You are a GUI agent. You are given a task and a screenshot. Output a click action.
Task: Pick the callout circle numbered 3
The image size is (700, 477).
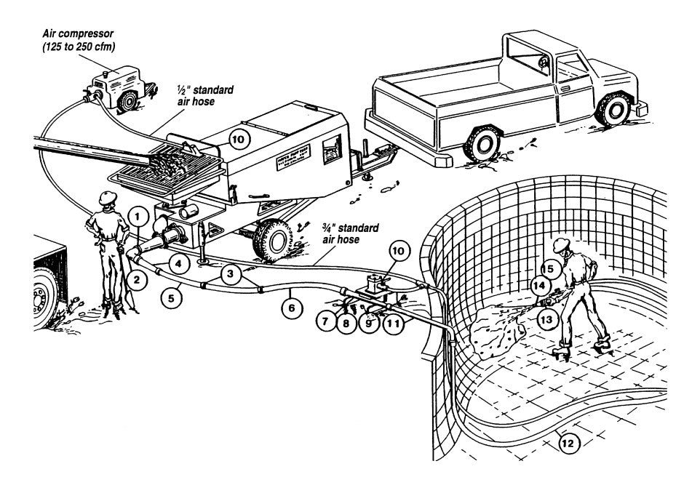pyautogui.click(x=231, y=274)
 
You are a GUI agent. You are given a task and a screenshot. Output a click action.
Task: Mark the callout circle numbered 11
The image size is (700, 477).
pyautogui.click(x=394, y=321)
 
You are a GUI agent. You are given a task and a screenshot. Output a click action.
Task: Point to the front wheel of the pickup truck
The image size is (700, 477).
pyautogui.click(x=615, y=109)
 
